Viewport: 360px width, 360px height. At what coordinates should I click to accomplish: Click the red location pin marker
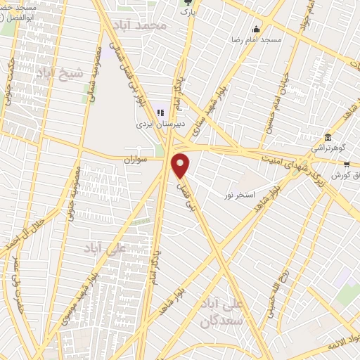click(181, 165)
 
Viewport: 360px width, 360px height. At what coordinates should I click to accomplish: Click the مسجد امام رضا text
click(257, 40)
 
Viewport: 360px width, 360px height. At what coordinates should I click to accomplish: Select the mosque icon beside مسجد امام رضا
click(255, 30)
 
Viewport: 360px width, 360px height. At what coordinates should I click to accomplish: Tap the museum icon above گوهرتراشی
click(328, 136)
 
